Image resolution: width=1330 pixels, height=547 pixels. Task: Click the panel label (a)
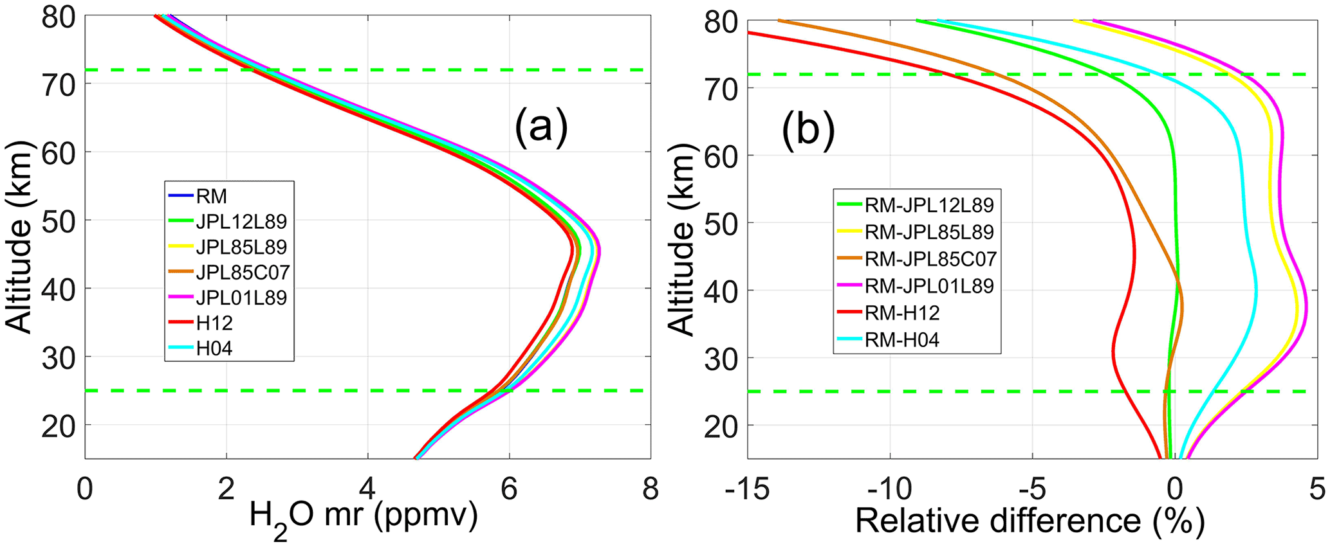tap(541, 125)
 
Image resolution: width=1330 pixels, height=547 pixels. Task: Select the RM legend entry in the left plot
tap(212, 196)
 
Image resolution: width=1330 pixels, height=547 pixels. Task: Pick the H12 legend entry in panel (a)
tap(214, 323)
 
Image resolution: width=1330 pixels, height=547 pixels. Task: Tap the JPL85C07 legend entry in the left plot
tap(243, 272)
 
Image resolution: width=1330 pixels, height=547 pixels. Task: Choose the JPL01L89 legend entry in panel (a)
tap(241, 298)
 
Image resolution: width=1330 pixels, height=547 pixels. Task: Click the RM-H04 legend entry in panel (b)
tap(902, 339)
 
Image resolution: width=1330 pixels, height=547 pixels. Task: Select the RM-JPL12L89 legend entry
tap(929, 205)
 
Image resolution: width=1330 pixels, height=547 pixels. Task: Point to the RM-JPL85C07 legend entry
tap(930, 258)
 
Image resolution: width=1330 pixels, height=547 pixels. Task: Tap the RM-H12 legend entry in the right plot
tap(902, 312)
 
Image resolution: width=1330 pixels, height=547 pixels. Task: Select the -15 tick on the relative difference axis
tap(748, 490)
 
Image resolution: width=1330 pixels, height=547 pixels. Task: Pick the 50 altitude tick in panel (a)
tap(58, 220)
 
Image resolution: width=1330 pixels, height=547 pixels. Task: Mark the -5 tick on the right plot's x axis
tap(1032, 490)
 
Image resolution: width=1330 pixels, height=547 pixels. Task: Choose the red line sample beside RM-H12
tap(849, 312)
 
